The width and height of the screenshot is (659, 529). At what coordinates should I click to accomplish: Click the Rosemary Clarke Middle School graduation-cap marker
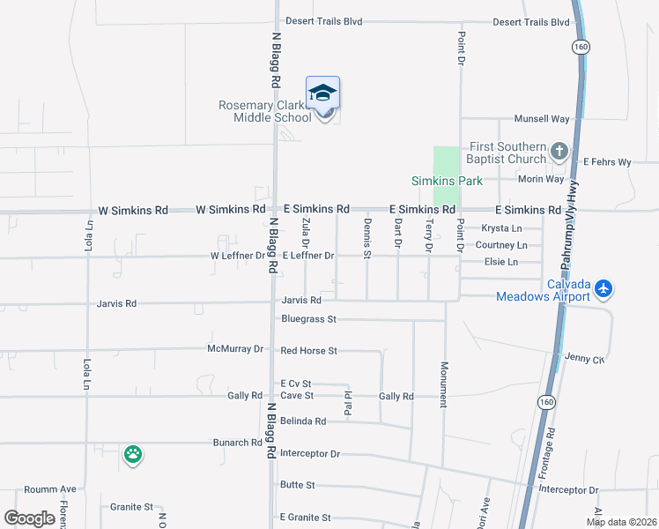(x=323, y=93)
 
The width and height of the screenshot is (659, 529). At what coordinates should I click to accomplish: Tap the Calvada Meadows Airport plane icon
(x=603, y=287)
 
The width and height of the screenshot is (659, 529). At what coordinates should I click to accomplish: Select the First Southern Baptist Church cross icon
(x=558, y=152)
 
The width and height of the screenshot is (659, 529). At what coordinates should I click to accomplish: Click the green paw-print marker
(x=133, y=455)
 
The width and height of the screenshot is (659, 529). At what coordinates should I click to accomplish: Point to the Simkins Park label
(x=447, y=181)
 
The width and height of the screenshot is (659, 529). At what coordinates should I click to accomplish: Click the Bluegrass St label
(x=309, y=318)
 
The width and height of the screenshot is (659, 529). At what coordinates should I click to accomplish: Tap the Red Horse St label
(x=308, y=351)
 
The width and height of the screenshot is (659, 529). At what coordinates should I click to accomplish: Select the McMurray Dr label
(x=236, y=349)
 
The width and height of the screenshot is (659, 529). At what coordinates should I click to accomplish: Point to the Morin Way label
(x=541, y=179)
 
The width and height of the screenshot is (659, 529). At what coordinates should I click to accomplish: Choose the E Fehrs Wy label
(x=608, y=162)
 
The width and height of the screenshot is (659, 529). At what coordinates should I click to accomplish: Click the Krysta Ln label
(x=502, y=228)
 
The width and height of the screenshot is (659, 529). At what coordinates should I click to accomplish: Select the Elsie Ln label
(x=501, y=262)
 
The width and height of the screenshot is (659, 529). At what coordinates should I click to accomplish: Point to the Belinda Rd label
(x=303, y=421)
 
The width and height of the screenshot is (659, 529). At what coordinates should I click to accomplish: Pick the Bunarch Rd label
(x=237, y=443)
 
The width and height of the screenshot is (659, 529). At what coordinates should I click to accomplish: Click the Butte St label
(x=298, y=485)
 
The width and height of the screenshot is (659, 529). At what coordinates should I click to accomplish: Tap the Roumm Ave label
(x=50, y=489)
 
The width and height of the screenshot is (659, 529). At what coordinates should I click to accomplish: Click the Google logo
(x=30, y=518)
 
